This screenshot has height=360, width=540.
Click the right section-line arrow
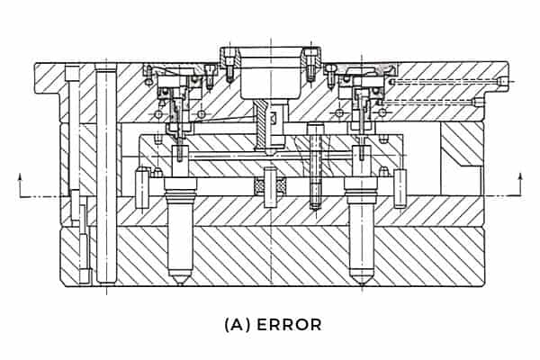point(519,186)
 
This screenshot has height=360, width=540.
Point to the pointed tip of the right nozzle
point(362,282)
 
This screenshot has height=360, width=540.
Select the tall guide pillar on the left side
point(106,171)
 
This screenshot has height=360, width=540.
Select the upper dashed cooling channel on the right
point(445,82)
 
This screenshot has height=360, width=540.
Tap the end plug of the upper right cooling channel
point(499,82)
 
